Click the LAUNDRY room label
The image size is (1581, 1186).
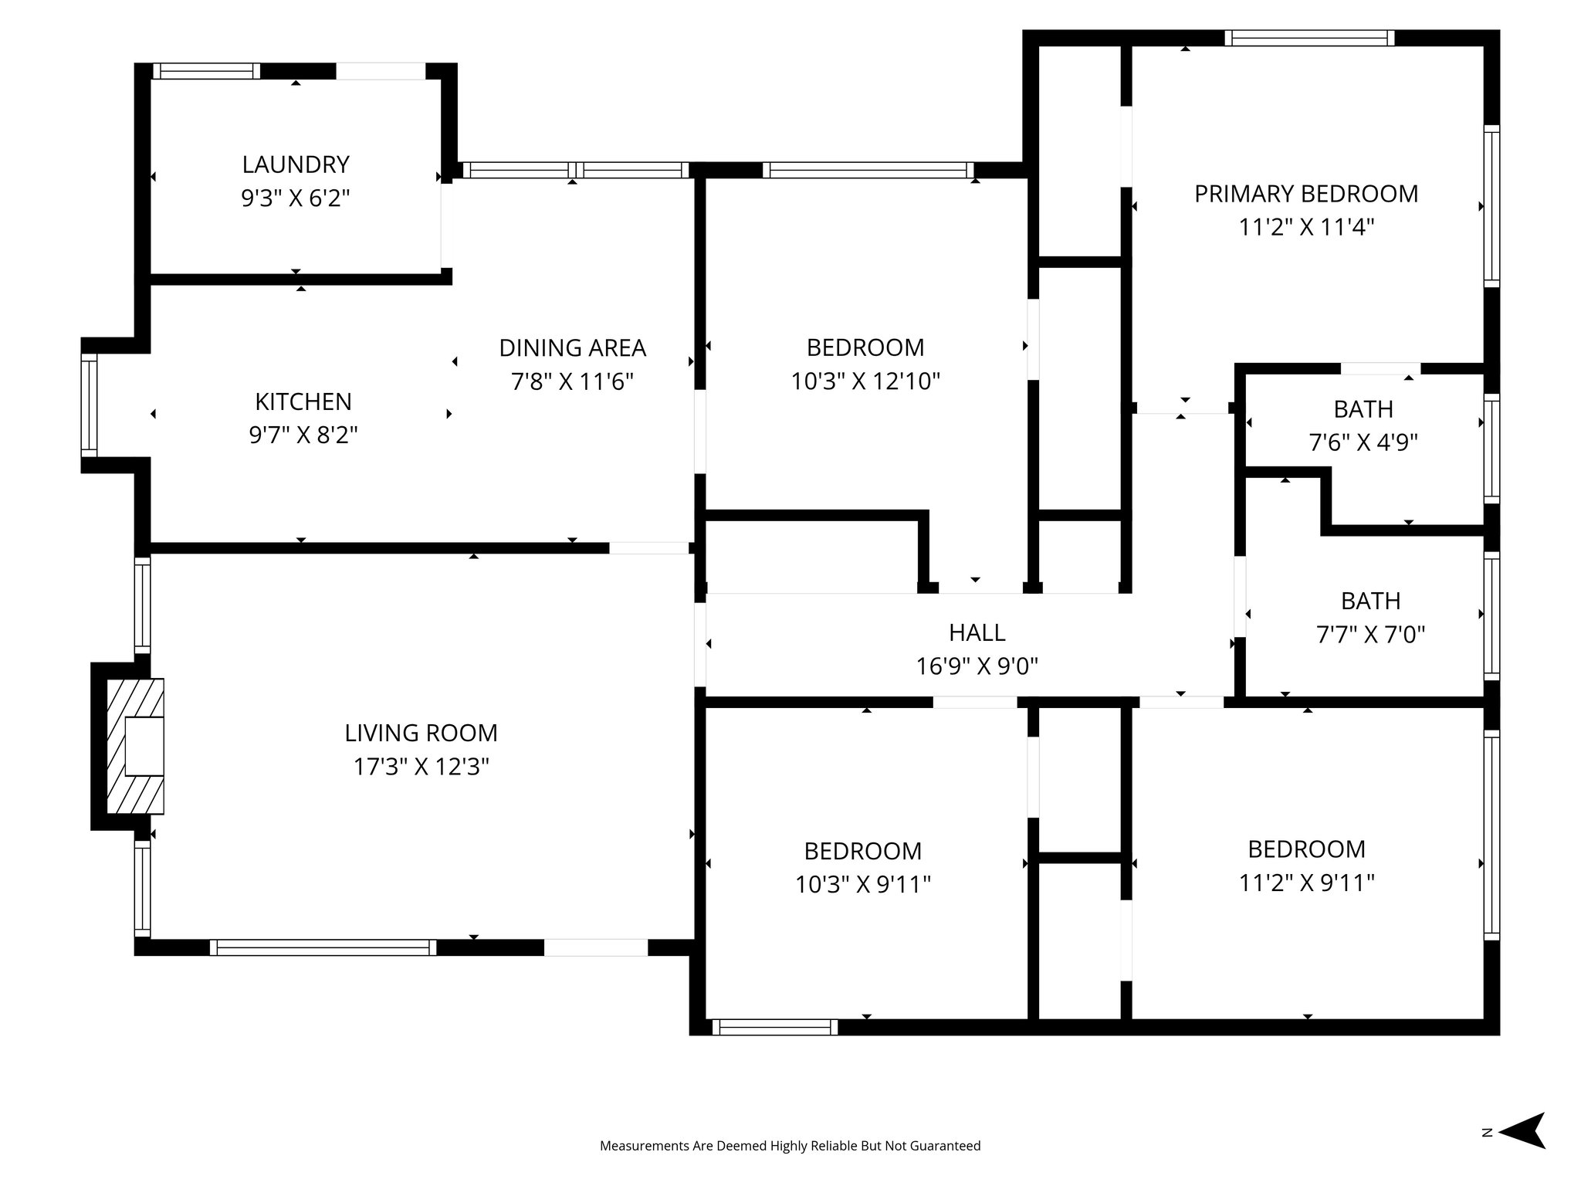(x=296, y=164)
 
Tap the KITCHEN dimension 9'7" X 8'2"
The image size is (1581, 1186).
(x=303, y=435)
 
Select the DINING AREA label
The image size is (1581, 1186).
(x=572, y=348)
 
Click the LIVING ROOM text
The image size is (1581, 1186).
(x=421, y=733)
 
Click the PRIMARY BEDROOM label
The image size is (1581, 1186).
(x=1306, y=194)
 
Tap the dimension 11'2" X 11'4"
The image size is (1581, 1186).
(x=1306, y=228)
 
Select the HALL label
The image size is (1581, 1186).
(x=977, y=632)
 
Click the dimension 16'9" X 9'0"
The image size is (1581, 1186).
(x=977, y=666)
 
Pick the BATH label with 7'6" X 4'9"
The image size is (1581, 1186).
(x=1363, y=408)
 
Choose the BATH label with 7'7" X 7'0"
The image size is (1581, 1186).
(x=1370, y=601)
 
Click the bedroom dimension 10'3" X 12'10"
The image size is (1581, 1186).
(x=865, y=381)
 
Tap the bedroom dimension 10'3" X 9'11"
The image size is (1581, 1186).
(x=863, y=884)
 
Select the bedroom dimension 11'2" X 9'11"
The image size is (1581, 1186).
(x=1306, y=883)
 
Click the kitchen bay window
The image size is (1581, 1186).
(x=90, y=405)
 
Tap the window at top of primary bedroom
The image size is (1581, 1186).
(x=1309, y=38)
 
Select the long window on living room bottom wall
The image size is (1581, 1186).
(x=323, y=947)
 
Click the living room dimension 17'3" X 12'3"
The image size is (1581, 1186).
(x=421, y=767)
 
